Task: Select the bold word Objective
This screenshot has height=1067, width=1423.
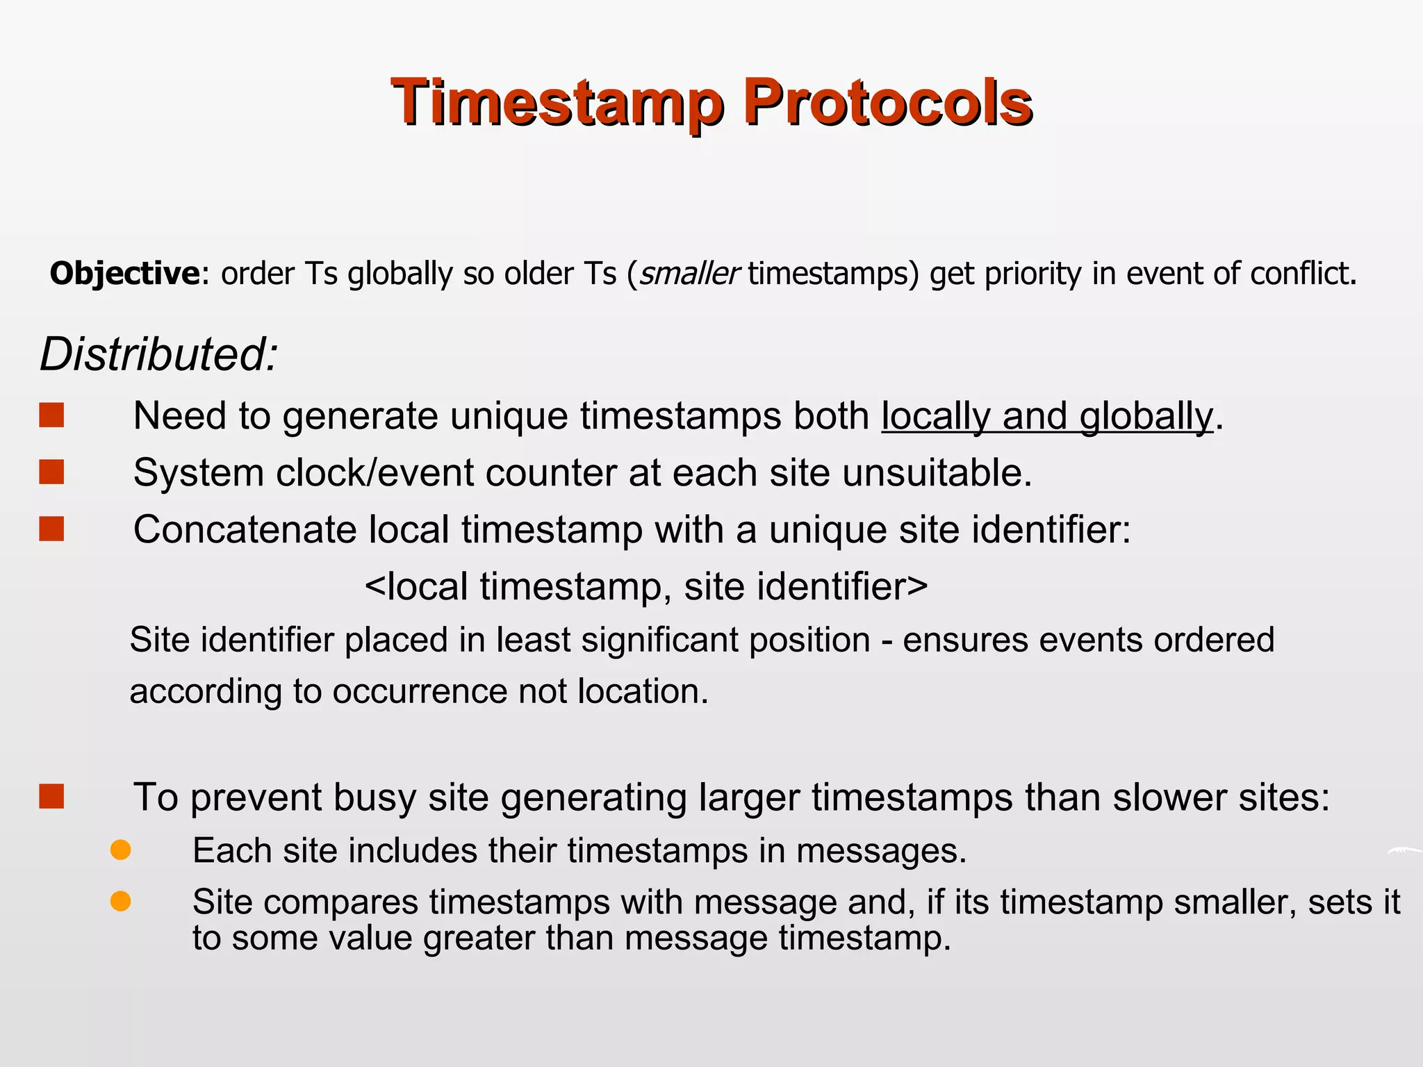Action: [x=124, y=274]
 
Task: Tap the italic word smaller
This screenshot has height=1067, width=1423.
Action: [x=689, y=274]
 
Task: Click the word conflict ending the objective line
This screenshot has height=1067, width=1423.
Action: [x=1299, y=274]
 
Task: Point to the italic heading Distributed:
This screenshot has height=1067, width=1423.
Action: [x=158, y=355]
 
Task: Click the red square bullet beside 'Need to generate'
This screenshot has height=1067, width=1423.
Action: [x=52, y=415]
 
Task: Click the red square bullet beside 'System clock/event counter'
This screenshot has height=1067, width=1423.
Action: [x=52, y=472]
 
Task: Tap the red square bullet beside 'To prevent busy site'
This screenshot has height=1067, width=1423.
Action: [x=52, y=797]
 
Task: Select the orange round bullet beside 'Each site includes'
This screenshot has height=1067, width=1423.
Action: [x=121, y=850]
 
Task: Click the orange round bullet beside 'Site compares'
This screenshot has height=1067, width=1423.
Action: [x=121, y=901]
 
